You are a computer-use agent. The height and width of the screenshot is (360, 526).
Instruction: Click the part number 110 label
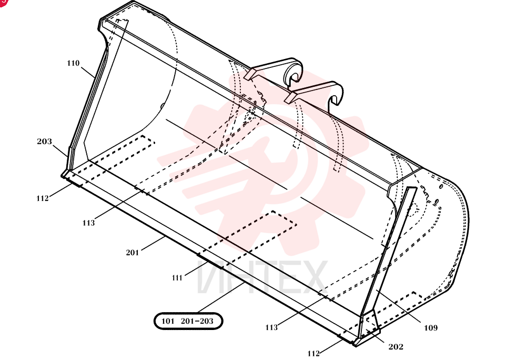pyautogui.click(x=73, y=63)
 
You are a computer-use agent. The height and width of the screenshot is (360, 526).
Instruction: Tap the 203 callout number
pyautogui.click(x=45, y=141)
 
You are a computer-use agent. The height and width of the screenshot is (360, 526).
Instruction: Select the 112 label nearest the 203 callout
pyautogui.click(x=43, y=198)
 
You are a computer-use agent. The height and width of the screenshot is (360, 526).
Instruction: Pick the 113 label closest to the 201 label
pyautogui.click(x=88, y=223)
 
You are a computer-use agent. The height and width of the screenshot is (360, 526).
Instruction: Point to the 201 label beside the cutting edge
pyautogui.click(x=132, y=252)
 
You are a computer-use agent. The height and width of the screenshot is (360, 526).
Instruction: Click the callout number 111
pyautogui.click(x=177, y=278)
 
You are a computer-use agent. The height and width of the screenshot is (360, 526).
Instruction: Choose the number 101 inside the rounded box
pyautogui.click(x=168, y=321)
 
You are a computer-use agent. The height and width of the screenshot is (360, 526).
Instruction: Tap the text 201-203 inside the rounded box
pyautogui.click(x=197, y=321)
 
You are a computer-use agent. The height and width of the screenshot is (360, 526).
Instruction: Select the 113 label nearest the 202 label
pyautogui.click(x=271, y=327)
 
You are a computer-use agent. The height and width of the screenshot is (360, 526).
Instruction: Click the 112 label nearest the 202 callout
pyautogui.click(x=313, y=353)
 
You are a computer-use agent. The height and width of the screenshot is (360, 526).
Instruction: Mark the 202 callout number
pyautogui.click(x=396, y=347)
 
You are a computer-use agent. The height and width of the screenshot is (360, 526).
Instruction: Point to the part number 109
pyautogui.click(x=431, y=327)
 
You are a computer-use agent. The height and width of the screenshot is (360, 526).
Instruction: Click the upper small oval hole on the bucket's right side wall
pyautogui.click(x=441, y=186)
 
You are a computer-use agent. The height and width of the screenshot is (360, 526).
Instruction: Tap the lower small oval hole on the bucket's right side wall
pyautogui.click(x=437, y=201)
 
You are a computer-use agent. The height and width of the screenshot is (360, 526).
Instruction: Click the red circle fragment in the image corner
pyautogui.click(x=3, y=2)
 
